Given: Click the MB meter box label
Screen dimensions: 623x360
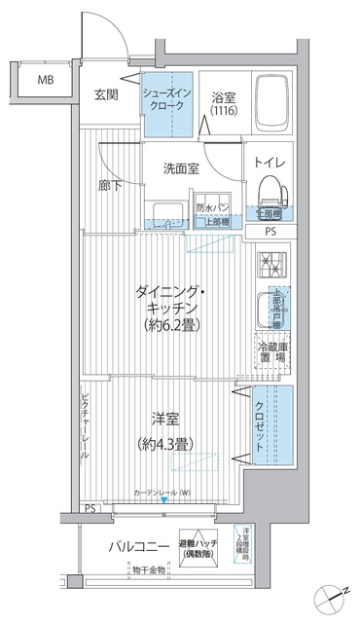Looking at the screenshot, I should tap(45, 79).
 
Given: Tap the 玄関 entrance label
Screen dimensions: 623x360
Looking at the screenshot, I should tap(106, 94).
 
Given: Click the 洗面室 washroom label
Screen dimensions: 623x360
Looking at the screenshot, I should tap(180, 167).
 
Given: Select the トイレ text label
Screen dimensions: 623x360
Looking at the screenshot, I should tap(269, 163).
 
